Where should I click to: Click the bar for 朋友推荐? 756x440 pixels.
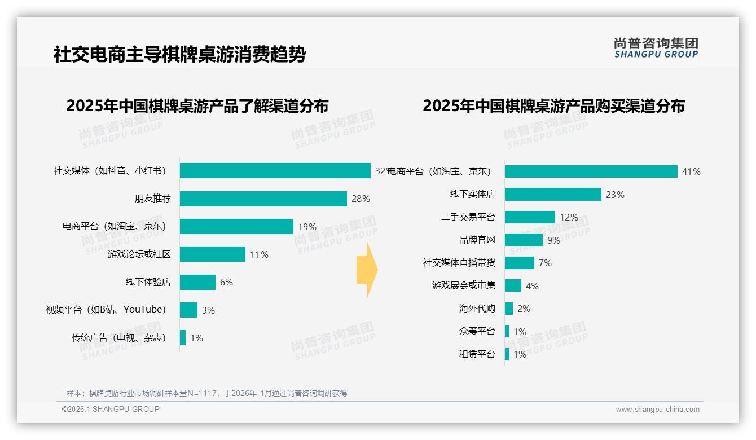(263, 199)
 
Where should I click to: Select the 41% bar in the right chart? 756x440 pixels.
(591, 171)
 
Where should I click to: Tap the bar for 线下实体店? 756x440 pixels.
(553, 195)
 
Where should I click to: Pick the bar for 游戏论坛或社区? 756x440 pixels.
(213, 254)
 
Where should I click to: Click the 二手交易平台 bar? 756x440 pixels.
(530, 217)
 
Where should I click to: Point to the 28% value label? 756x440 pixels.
(361, 199)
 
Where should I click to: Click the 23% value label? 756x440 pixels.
(615, 195)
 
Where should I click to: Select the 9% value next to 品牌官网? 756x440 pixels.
(553, 240)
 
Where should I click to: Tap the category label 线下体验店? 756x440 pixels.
(148, 282)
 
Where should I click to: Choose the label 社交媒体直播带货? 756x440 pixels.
(459, 263)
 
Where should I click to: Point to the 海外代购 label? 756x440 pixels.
(477, 309)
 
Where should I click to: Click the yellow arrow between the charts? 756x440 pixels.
(367, 270)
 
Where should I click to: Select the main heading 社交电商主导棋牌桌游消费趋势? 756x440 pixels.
(179, 55)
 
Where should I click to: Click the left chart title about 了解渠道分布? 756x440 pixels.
(197, 106)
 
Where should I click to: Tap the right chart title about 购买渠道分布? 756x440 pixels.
(553, 106)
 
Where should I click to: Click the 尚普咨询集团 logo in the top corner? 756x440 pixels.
(656, 48)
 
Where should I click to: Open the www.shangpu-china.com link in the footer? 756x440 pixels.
(657, 410)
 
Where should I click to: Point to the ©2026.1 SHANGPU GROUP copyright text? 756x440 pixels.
(111, 409)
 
